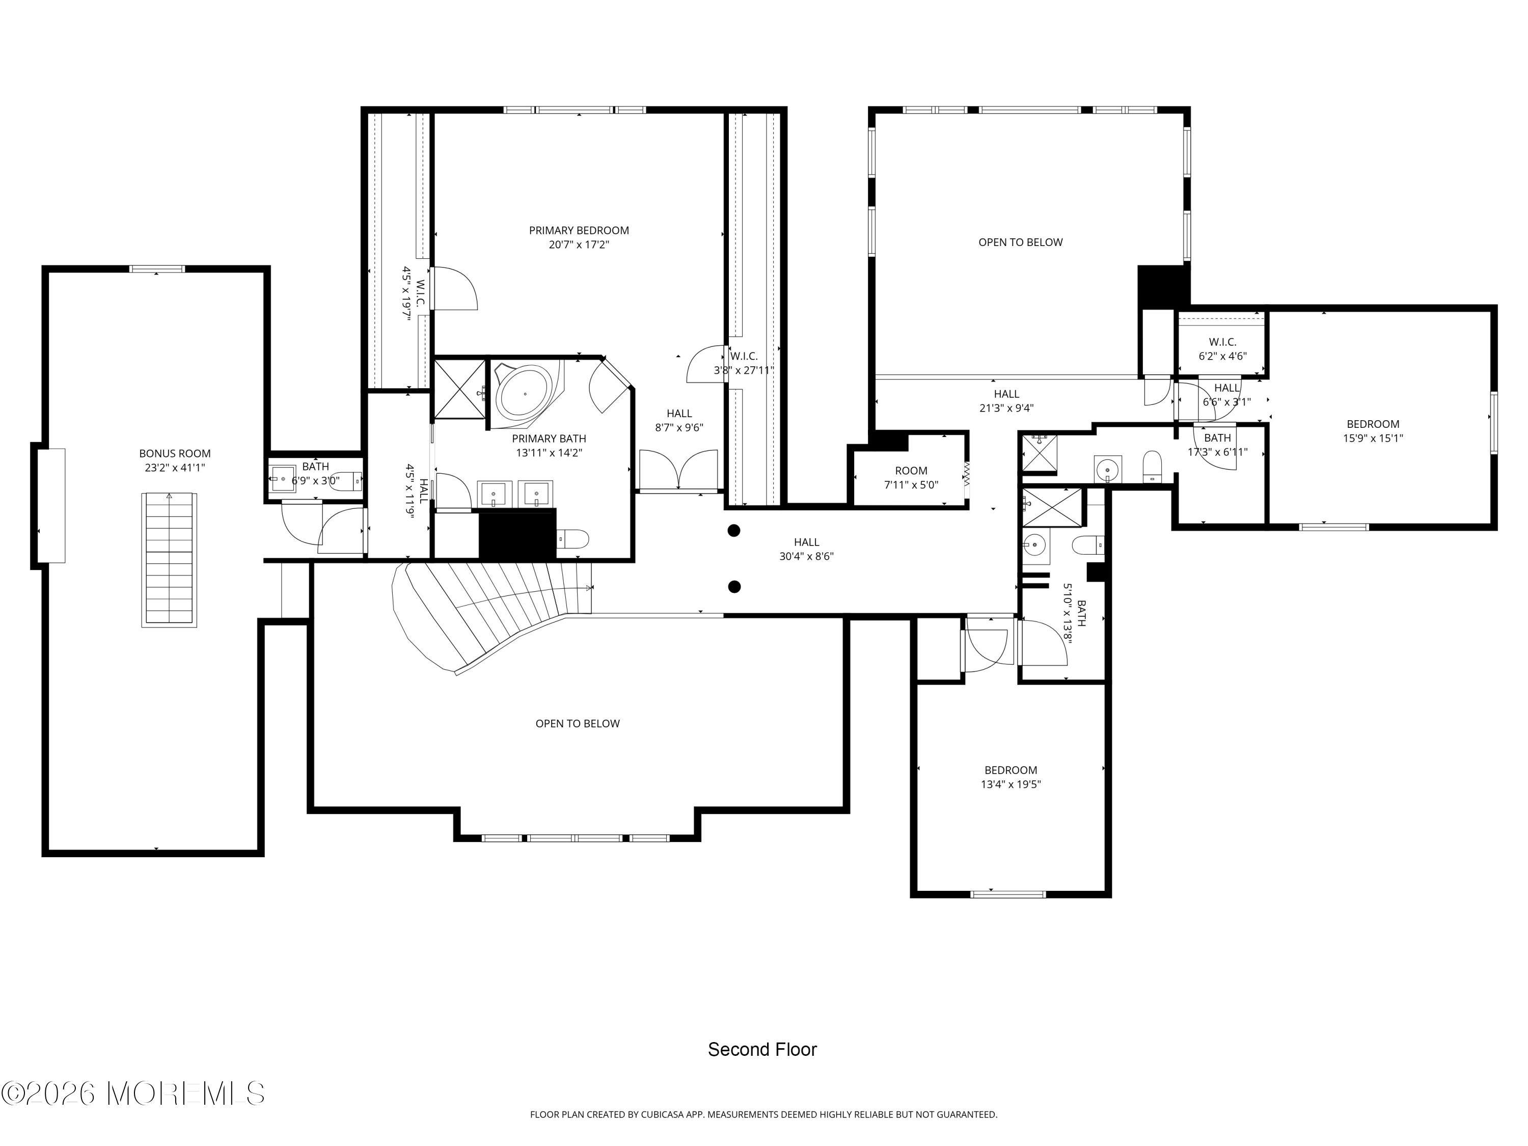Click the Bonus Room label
point(175,454)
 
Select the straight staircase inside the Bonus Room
point(169,560)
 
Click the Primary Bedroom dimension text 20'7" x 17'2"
point(579,244)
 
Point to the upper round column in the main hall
point(734,531)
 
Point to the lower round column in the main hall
point(734,586)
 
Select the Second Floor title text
point(762,1049)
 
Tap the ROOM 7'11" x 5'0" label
point(911,477)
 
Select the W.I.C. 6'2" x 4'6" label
point(1223,349)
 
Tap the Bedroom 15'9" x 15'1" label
point(1373,430)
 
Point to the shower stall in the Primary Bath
point(459,389)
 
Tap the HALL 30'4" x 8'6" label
point(806,549)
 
